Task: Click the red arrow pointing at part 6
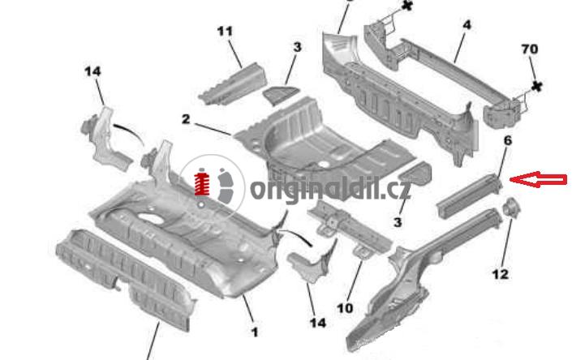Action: point(538,179)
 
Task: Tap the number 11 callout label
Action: point(225,32)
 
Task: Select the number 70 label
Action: point(529,49)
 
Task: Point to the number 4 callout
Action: point(467,25)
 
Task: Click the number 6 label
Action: point(507,140)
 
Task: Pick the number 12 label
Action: point(500,274)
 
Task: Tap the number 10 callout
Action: point(345,308)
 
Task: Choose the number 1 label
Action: point(255,332)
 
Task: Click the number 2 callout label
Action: point(186,119)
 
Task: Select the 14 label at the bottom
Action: point(318,323)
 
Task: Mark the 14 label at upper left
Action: point(92,71)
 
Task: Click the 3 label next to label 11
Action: point(297,47)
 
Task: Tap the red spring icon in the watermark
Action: point(202,182)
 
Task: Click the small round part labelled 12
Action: point(510,208)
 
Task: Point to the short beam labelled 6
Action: point(470,195)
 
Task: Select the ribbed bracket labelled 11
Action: point(232,84)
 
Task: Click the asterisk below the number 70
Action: point(536,87)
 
